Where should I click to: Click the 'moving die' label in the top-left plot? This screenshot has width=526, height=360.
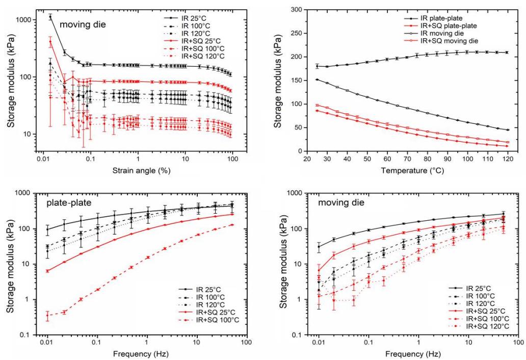83,24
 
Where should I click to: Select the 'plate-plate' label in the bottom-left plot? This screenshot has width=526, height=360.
69,202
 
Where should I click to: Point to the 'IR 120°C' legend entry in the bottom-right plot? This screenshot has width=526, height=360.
480,303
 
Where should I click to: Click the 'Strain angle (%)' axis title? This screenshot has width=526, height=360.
141,170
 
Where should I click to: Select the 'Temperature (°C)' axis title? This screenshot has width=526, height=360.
412,170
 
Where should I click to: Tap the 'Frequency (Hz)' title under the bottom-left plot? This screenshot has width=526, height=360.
141,353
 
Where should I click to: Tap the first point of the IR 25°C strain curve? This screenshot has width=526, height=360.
50,17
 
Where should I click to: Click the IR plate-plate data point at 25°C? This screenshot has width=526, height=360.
317,66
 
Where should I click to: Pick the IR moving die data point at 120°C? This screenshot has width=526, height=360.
508,130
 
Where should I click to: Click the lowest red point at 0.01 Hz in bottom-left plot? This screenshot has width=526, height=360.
47,315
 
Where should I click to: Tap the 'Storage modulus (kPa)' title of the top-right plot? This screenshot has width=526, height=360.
277,81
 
